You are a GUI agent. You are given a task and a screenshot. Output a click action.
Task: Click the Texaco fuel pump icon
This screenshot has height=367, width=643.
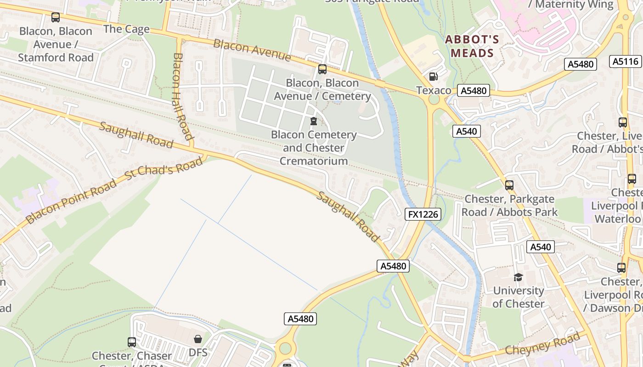(x=433, y=77)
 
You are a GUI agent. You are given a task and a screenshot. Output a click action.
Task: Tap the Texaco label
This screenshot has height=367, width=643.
(x=434, y=90)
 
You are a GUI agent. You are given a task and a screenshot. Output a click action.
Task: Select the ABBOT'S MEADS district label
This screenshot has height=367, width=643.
(x=472, y=46)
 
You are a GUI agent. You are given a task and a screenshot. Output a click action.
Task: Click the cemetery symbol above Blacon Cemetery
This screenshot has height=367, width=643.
(x=314, y=121)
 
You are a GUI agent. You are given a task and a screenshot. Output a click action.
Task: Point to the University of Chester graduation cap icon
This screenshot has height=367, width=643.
(x=518, y=277)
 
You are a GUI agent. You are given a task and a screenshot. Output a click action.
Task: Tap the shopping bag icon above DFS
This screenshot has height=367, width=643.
(x=198, y=339)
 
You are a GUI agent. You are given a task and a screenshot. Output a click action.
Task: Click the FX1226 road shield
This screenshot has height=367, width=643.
(x=423, y=214)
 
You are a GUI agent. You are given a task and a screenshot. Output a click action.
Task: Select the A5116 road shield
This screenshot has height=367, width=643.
(x=625, y=61)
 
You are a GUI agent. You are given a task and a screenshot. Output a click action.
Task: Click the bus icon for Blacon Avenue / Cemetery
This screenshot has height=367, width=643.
(x=322, y=69)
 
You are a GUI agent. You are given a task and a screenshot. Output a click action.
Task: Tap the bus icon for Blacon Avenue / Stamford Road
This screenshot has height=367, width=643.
(x=56, y=18)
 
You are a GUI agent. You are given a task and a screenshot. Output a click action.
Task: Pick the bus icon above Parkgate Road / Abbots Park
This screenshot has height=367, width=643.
(x=509, y=185)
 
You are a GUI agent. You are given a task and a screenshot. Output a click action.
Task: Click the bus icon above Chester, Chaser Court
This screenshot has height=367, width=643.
(x=132, y=342)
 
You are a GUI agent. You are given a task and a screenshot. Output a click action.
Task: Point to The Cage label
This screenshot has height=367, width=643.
(x=127, y=29)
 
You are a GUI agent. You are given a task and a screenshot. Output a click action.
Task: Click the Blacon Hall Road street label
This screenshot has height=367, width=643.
(x=182, y=96)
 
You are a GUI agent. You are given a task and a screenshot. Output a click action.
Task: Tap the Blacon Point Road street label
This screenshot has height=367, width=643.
(x=71, y=202)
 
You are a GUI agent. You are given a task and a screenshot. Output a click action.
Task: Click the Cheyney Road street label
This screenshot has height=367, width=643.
(x=542, y=344)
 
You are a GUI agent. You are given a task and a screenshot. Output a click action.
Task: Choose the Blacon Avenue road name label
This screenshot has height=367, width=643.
(x=252, y=50)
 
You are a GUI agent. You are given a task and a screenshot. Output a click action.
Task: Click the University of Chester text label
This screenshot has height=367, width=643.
(x=518, y=297)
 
